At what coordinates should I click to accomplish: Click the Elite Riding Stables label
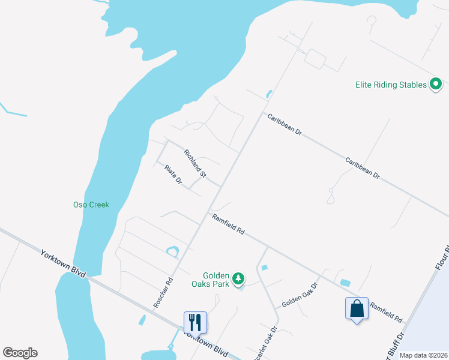click(390, 85)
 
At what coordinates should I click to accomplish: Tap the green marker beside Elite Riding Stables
click(436, 85)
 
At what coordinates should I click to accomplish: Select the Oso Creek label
click(91, 205)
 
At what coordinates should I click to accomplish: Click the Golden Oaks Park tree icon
click(239, 278)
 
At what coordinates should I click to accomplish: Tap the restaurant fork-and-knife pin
click(195, 322)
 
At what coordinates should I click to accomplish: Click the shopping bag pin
click(357, 309)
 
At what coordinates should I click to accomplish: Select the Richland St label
click(195, 164)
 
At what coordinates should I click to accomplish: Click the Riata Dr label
click(173, 175)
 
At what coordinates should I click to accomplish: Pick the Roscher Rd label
click(163, 292)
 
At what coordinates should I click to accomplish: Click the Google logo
click(20, 353)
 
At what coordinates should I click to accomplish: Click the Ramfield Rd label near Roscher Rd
click(229, 223)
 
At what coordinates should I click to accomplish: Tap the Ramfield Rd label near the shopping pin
click(385, 312)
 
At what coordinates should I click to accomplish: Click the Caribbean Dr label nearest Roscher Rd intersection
click(285, 124)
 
